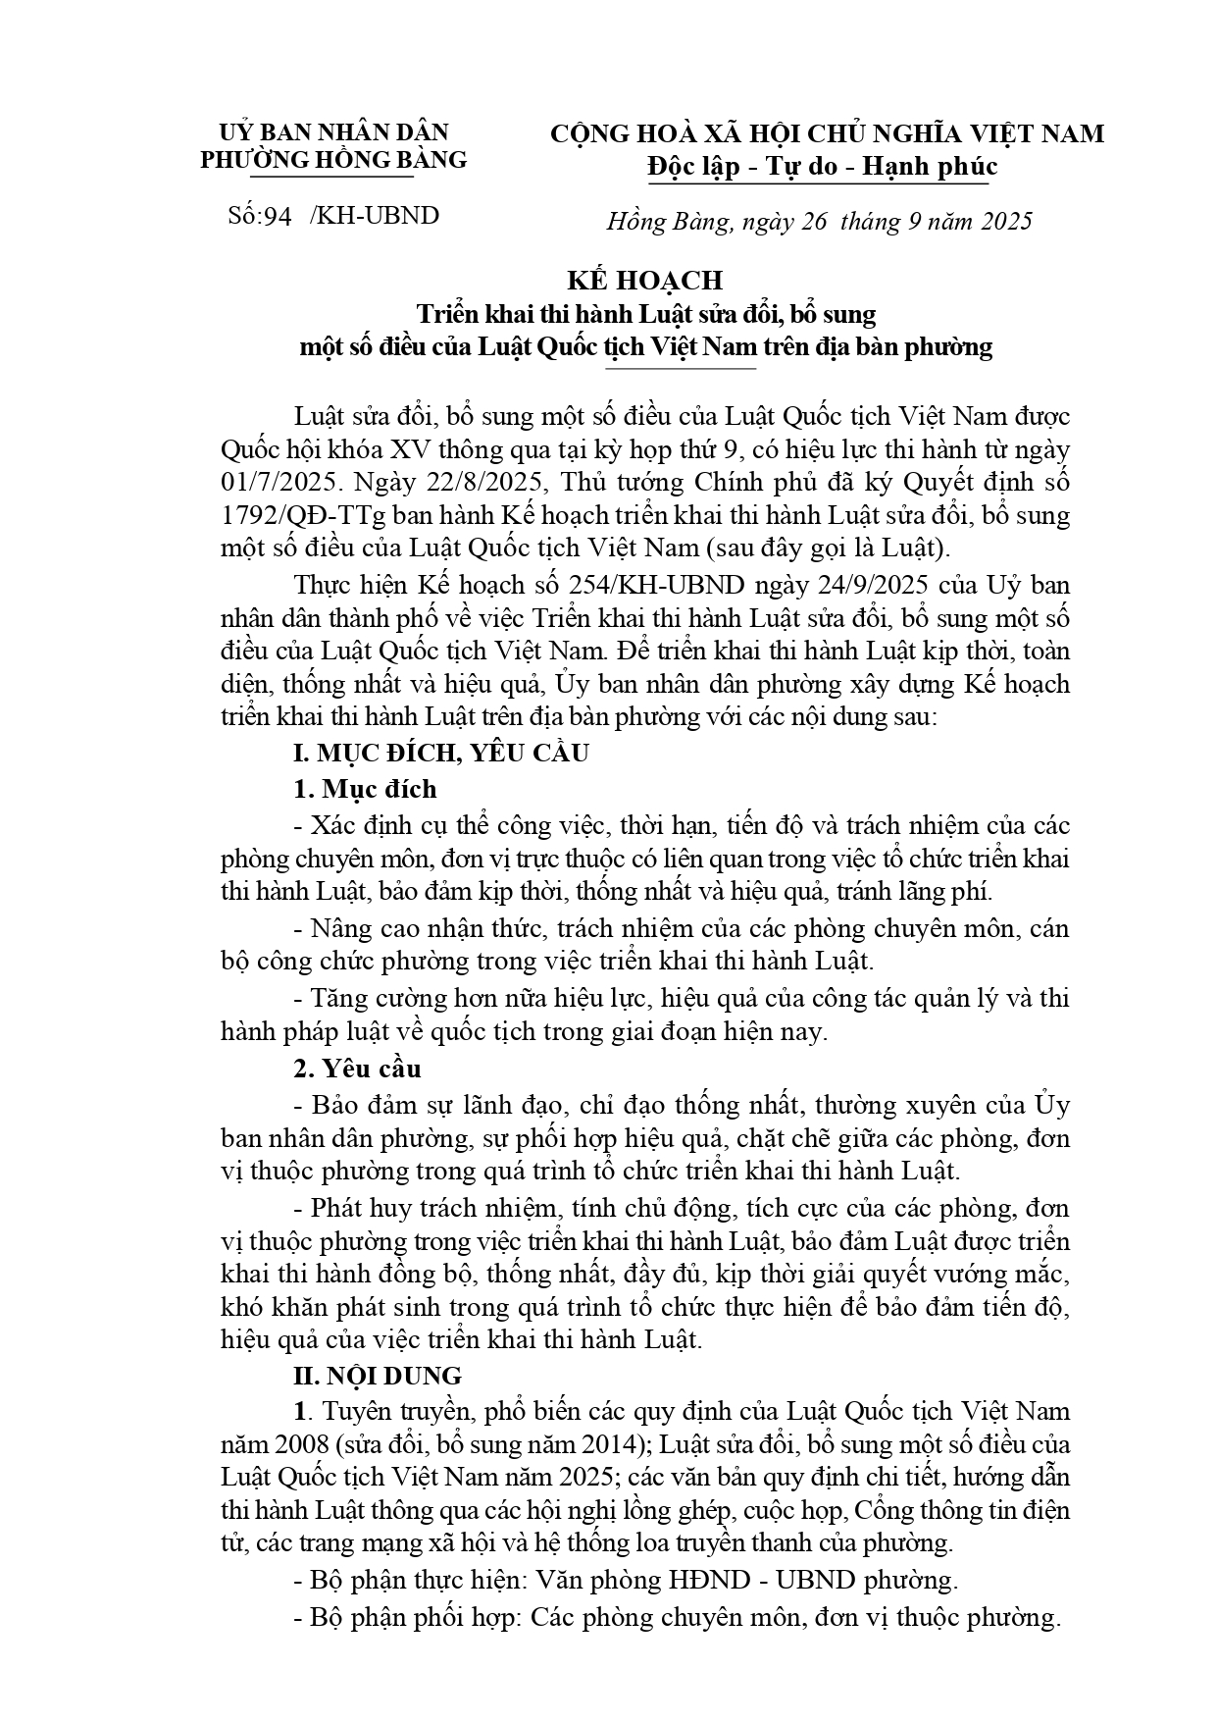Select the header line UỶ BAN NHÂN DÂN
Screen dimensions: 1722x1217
(x=333, y=132)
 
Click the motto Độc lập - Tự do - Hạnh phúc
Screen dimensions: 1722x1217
(x=822, y=167)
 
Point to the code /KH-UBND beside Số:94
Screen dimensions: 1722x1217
(x=374, y=216)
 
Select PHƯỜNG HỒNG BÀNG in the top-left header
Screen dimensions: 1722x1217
(x=333, y=160)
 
